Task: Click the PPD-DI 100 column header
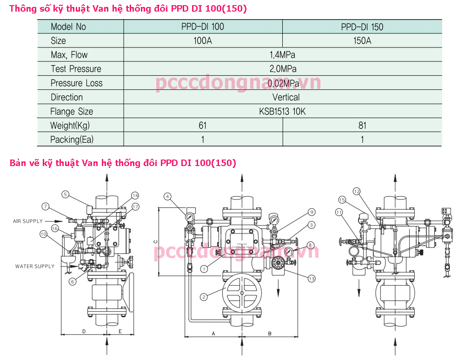[203, 27]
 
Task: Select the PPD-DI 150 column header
[362, 27]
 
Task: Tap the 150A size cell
[362, 40]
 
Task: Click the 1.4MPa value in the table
[282, 55]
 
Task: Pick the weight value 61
[203, 125]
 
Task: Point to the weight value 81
[362, 125]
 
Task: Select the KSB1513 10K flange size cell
[282, 112]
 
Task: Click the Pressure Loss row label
[77, 83]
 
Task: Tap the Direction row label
[67, 97]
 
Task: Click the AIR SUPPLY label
[28, 221]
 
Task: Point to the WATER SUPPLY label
[35, 267]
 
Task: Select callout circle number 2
[204, 296]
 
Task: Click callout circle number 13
[312, 278]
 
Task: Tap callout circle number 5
[66, 194]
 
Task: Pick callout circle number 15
[342, 200]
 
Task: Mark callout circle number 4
[167, 196]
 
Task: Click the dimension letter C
[156, 242]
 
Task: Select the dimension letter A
[213, 333]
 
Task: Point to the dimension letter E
[120, 331]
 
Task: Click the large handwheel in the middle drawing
[241, 293]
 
